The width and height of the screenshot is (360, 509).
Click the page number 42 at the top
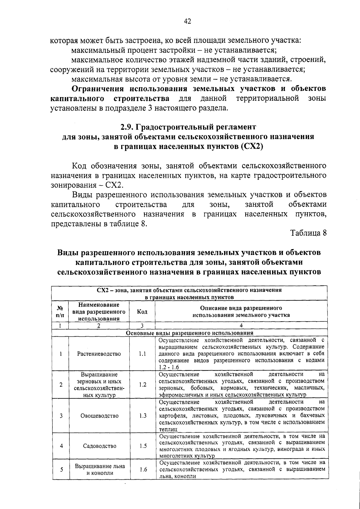pyautogui.click(x=187, y=21)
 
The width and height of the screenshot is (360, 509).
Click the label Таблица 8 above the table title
pyautogui.click(x=308, y=233)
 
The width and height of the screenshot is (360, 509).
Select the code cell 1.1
pyautogui.click(x=142, y=354)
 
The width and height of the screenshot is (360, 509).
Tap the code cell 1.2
pyautogui.click(x=142, y=385)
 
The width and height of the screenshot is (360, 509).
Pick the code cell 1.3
pyautogui.click(x=143, y=416)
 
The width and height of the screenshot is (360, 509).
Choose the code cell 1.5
pyautogui.click(x=143, y=446)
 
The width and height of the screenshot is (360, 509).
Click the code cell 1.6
pyautogui.click(x=143, y=470)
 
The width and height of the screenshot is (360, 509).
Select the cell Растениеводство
pyautogui.click(x=99, y=354)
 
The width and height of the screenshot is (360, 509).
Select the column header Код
pyautogui.click(x=142, y=312)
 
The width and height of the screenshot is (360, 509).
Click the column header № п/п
pyautogui.click(x=60, y=312)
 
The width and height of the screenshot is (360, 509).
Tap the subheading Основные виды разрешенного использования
pyautogui.click(x=189, y=333)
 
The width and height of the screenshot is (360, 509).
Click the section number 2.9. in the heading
pyautogui.click(x=127, y=127)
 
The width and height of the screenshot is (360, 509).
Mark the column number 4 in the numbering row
pyautogui.click(x=241, y=326)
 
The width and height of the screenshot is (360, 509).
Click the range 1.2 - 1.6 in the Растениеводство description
pyautogui.click(x=169, y=368)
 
